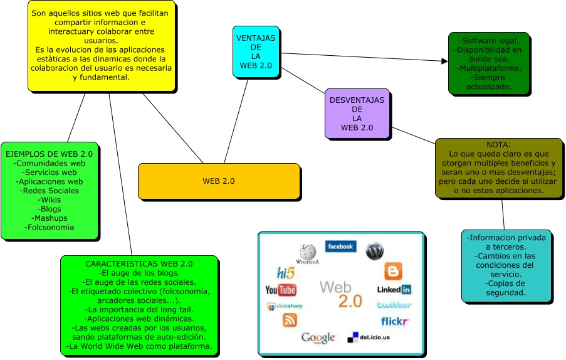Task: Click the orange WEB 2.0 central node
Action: (219, 181)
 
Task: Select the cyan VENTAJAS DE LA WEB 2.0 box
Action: (255, 52)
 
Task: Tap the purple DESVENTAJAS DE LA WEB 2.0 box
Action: (357, 114)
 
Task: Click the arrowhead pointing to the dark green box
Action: (444, 61)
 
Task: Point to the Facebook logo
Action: (340, 246)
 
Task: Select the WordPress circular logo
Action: (374, 251)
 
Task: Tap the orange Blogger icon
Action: (393, 271)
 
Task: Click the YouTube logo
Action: (280, 290)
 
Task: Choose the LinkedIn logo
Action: (394, 289)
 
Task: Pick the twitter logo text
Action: (394, 305)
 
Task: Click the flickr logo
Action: (395, 322)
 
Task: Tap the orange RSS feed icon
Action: (290, 320)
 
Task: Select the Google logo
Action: (318, 338)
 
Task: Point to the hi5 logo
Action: (286, 273)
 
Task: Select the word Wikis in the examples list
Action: (50, 199)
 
